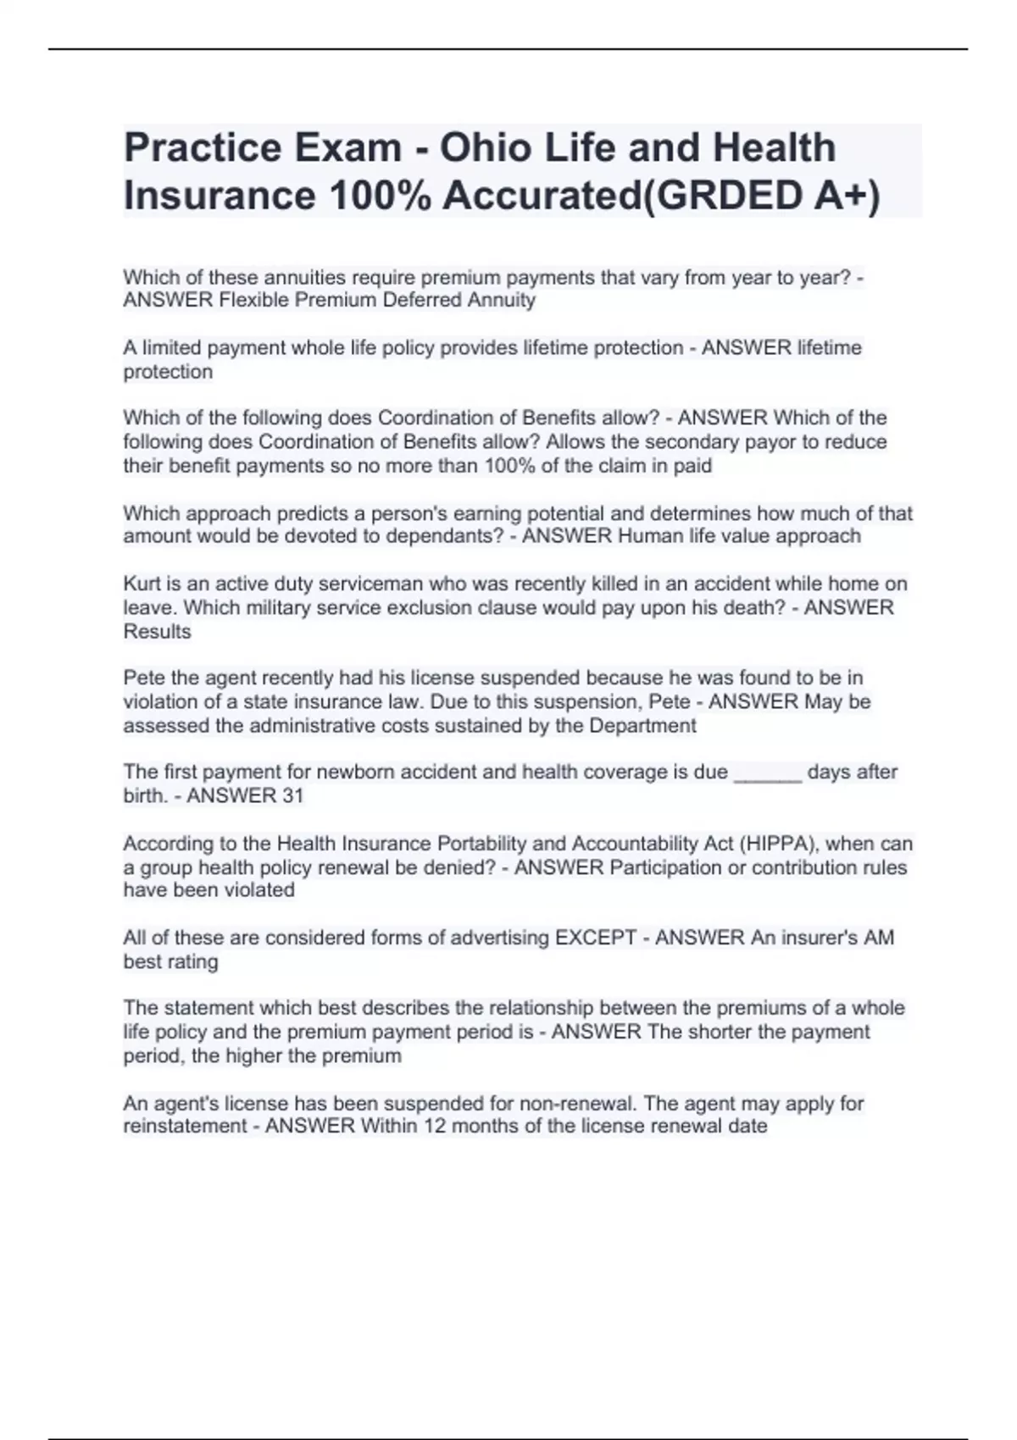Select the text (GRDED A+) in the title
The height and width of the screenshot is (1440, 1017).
tap(761, 196)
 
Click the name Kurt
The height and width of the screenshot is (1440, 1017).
tap(140, 584)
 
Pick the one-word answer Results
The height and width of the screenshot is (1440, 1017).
tap(157, 631)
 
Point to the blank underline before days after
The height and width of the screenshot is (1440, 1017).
tap(767, 773)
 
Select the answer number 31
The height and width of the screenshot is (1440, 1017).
tap(292, 795)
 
